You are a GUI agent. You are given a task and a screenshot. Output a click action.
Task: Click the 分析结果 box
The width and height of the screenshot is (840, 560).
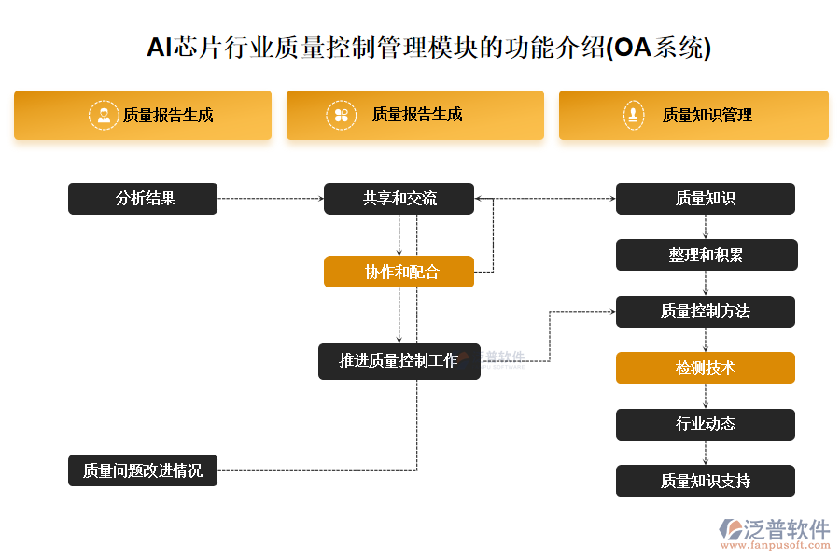143,199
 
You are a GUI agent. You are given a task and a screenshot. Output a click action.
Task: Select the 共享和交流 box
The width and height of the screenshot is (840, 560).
399,199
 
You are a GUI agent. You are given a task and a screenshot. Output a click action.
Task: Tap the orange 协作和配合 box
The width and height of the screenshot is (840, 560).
399,273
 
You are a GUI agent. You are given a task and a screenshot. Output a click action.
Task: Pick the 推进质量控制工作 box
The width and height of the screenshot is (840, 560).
399,361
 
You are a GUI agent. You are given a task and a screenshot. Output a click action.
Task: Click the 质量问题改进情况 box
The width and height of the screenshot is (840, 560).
143,470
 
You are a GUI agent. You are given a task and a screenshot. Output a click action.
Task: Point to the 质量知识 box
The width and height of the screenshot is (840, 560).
705,199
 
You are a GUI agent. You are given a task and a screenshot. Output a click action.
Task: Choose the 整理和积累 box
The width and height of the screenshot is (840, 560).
706,255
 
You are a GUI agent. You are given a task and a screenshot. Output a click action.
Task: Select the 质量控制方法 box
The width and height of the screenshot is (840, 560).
705,312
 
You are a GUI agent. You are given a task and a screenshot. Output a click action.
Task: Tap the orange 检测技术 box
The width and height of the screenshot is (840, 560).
705,368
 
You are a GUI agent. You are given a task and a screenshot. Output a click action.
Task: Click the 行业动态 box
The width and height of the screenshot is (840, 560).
705,425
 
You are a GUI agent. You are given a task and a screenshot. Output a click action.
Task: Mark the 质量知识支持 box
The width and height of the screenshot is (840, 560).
705,481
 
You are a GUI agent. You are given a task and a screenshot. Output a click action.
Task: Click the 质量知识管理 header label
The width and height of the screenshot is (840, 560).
707,116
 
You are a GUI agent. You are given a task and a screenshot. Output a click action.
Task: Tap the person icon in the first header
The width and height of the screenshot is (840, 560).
103,115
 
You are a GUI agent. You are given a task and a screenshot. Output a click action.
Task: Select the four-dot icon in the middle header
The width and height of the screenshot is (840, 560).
341,115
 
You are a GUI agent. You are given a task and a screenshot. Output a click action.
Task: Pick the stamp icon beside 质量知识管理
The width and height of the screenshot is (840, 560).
635,115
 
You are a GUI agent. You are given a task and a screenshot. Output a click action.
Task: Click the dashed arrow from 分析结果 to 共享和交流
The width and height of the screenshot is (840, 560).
271,199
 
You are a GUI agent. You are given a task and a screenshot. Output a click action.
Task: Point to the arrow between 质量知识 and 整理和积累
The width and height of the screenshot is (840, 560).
705,227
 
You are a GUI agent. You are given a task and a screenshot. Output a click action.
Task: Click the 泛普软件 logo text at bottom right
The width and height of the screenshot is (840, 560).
786,529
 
